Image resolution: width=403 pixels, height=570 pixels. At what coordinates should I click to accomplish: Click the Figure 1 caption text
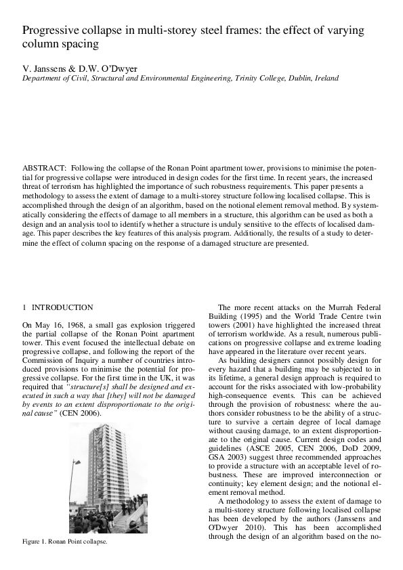[x=65, y=542]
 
